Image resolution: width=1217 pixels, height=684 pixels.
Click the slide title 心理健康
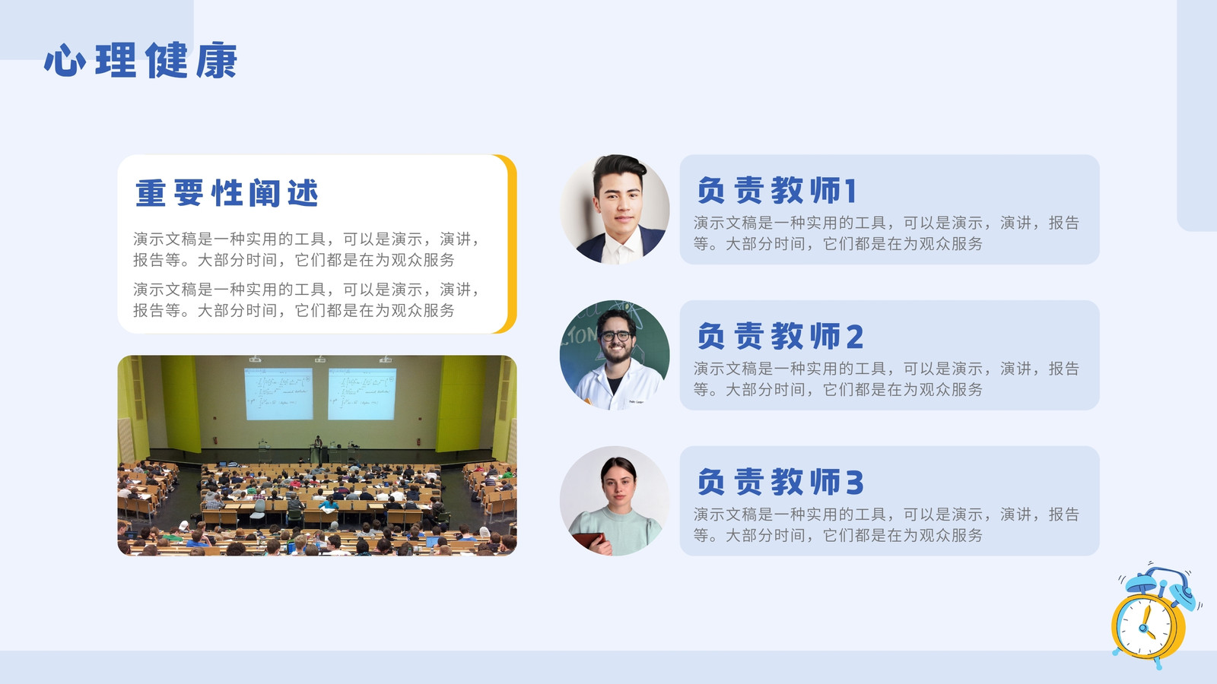click(141, 60)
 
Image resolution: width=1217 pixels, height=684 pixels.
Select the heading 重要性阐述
click(227, 193)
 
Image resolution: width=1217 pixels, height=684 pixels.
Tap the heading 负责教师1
click(777, 190)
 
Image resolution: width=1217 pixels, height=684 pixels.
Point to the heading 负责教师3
click(780, 482)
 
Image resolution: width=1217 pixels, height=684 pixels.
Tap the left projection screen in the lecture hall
click(278, 394)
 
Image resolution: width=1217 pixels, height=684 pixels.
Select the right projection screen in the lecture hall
click(362, 394)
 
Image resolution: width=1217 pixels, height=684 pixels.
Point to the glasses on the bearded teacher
click(615, 336)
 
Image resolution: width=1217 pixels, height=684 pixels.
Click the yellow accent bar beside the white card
click(510, 244)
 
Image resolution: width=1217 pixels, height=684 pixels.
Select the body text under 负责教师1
click(886, 233)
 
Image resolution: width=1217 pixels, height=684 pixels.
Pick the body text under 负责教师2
click(886, 379)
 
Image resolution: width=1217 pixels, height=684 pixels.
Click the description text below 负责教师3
click(886, 524)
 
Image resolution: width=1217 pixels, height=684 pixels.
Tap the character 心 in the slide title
click(65, 61)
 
